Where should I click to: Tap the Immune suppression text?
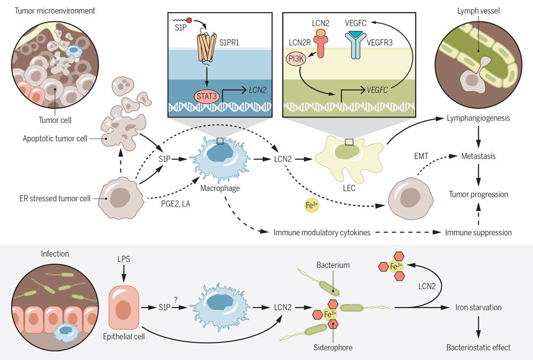tap(479, 232)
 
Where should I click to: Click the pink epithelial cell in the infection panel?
tap(124, 309)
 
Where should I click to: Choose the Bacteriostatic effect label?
tap(478, 347)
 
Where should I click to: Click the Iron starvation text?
tap(478, 308)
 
